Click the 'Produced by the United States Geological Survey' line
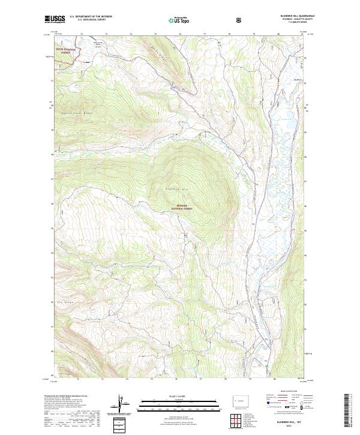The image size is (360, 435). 66,397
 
